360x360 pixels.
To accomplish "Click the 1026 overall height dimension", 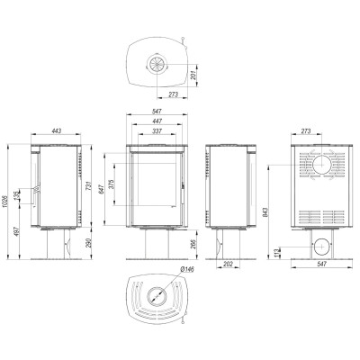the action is (x=4, y=202).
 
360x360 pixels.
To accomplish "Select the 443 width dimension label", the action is (x=57, y=130).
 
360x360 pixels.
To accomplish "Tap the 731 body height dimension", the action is (x=88, y=186).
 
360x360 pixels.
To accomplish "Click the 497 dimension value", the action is (x=17, y=231).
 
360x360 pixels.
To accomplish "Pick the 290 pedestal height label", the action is (x=88, y=243).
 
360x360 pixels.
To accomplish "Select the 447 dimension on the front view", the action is (x=157, y=121).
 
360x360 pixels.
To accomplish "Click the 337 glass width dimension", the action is (x=157, y=131).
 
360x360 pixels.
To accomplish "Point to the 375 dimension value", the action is (x=111, y=184).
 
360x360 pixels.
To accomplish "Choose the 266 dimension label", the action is (x=193, y=245).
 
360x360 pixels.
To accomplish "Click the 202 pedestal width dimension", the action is (x=229, y=265).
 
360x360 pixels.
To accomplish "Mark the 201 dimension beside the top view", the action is (x=193, y=75).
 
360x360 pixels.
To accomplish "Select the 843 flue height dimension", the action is (x=265, y=212).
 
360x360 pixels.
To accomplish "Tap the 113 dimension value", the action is (x=277, y=253).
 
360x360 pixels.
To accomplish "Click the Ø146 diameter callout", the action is (x=187, y=269).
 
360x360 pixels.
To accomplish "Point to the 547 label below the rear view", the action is (x=321, y=265).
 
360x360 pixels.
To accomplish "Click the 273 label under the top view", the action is (x=173, y=94).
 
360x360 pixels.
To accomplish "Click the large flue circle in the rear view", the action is (x=321, y=165).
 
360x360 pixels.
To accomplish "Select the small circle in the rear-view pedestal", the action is (x=321, y=247).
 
